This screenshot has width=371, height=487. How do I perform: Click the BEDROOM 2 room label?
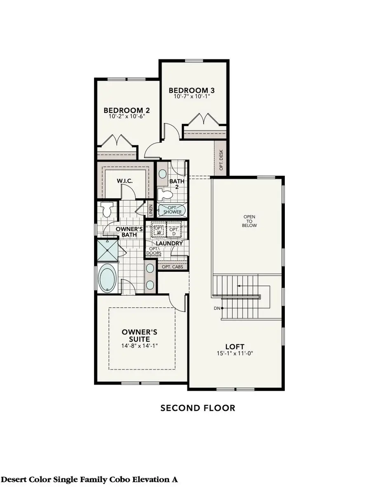(126, 111)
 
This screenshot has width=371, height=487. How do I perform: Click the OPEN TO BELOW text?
(250, 221)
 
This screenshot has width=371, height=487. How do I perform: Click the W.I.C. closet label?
(124, 181)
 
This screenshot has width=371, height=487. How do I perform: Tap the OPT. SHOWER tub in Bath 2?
(171, 210)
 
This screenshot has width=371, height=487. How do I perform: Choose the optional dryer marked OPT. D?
(174, 230)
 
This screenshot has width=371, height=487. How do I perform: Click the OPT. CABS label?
(172, 267)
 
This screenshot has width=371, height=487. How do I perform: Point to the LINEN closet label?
(151, 211)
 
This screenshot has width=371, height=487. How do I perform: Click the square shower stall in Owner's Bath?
(107, 250)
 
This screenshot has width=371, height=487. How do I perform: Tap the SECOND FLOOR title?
(198, 408)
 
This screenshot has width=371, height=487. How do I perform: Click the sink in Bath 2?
(163, 173)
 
